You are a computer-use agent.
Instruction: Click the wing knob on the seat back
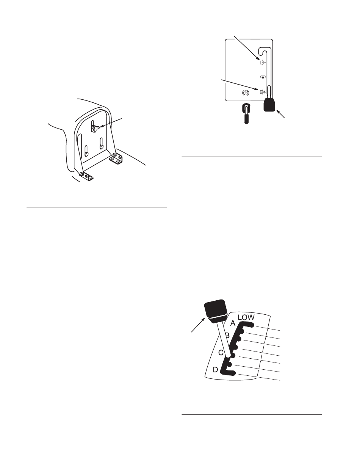[x=95, y=129]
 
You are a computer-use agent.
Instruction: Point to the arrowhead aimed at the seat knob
[x=102, y=127]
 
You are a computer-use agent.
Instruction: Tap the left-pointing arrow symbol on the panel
[x=263, y=63]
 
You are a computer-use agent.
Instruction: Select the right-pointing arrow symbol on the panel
[x=263, y=92]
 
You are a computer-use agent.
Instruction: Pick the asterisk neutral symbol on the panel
[x=263, y=77]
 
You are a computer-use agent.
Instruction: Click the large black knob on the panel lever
[x=269, y=105]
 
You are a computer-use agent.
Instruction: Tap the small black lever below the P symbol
[x=246, y=113]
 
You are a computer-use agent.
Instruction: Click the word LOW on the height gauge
[x=246, y=317]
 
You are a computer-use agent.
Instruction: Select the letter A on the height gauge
[x=233, y=323]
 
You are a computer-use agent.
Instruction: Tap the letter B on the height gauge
[x=227, y=335]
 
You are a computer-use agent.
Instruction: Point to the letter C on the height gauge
[x=221, y=353]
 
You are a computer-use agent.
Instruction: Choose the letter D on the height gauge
[x=216, y=370]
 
